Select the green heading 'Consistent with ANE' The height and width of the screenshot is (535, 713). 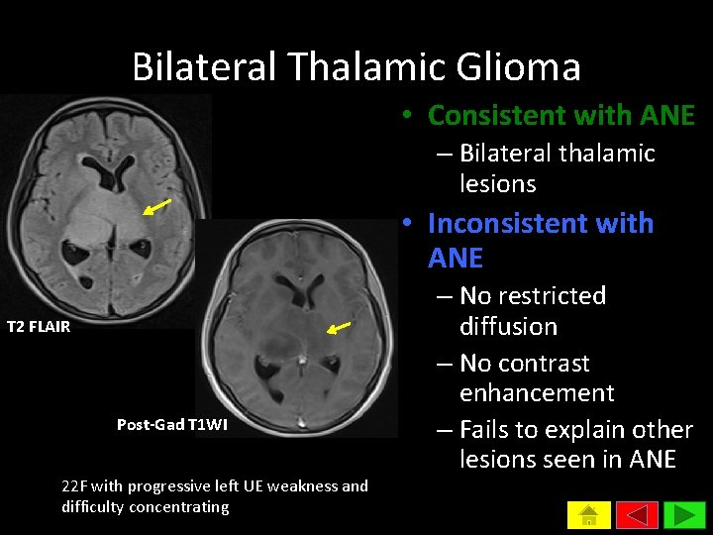[560, 116]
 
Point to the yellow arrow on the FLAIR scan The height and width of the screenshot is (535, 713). [156, 206]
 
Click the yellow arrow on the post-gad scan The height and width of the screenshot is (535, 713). [340, 326]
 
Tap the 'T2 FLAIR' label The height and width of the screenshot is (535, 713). [39, 327]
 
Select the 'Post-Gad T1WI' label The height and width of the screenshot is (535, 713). [172, 425]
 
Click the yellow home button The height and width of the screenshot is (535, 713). [588, 516]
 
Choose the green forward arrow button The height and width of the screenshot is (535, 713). [683, 516]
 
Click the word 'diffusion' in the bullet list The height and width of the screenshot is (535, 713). [508, 327]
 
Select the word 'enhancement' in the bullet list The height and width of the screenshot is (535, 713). [537, 393]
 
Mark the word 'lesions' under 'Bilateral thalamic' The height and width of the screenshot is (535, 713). [497, 184]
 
